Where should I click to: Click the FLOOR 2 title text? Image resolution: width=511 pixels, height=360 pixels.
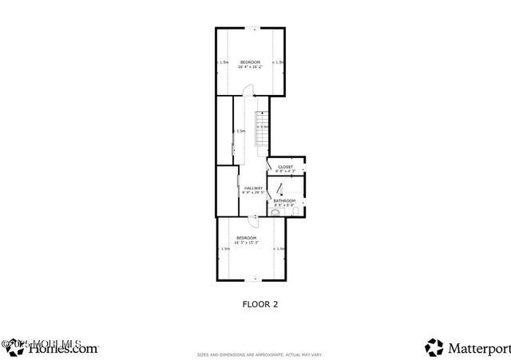coord(259,303)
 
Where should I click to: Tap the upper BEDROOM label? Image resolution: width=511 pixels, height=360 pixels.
coord(250,62)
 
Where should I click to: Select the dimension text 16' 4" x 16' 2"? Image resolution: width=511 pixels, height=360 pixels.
coord(250,67)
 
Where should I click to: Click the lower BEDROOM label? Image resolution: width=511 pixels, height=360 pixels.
coord(246,237)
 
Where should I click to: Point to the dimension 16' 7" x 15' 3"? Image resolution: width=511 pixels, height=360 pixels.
coord(246,242)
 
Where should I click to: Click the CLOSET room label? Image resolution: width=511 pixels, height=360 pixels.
coord(285,167)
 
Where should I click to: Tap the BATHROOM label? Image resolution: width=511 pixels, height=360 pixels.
coord(285,200)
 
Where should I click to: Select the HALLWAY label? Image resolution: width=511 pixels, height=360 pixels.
coord(254,188)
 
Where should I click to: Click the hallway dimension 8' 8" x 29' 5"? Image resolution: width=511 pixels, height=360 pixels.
coord(254,192)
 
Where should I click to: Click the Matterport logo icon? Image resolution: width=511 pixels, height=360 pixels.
coord(434,347)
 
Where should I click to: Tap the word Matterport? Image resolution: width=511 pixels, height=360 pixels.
coord(478,347)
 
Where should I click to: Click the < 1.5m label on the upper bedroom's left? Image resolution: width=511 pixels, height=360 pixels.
coord(224,62)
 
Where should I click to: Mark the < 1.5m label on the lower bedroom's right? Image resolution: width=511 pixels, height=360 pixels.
coord(279,248)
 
